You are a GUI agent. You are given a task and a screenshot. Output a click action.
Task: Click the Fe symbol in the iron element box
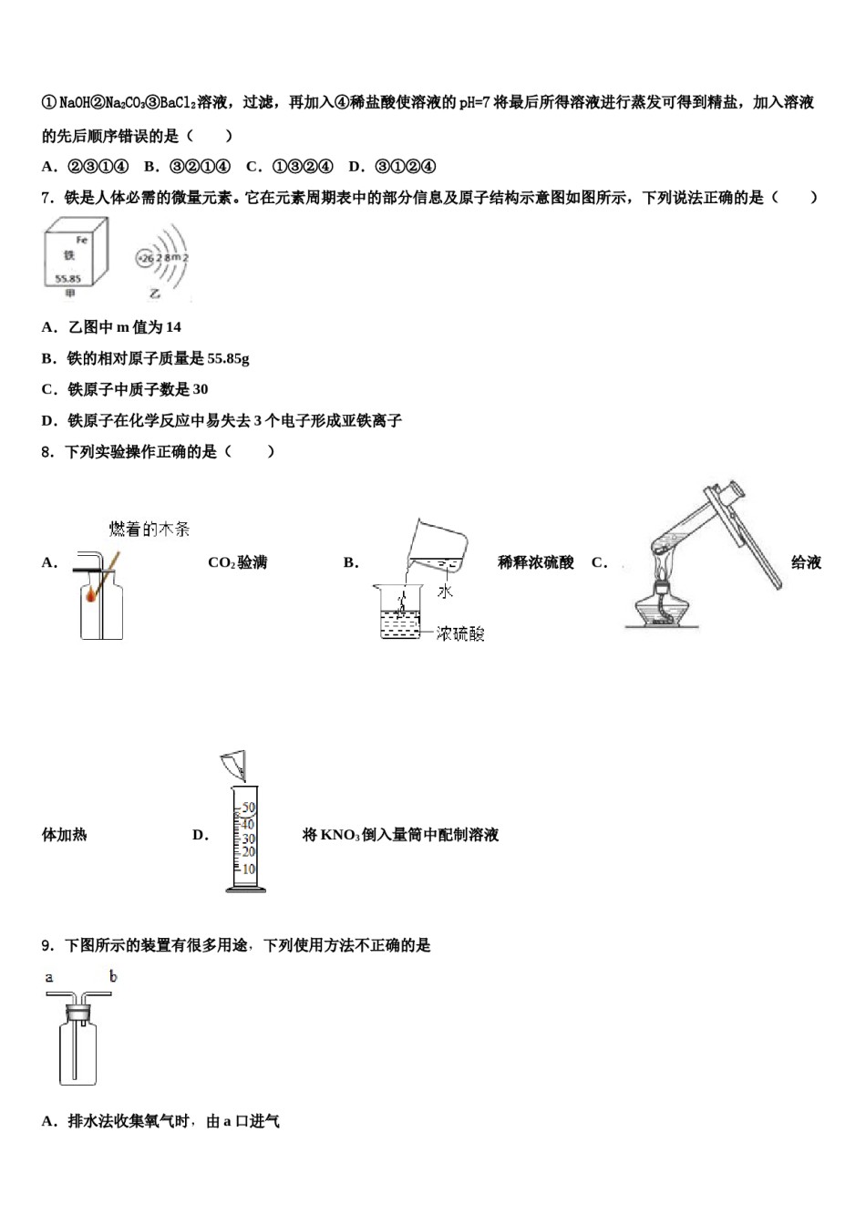[82, 240]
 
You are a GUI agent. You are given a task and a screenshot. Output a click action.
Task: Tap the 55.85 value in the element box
[68, 279]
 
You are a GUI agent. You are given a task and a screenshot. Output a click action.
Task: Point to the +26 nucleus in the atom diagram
[144, 259]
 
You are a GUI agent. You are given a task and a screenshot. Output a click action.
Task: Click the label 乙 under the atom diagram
[156, 293]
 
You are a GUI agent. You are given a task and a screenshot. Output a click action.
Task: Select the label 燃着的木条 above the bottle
[149, 530]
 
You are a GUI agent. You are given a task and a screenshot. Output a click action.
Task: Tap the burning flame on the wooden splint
[93, 596]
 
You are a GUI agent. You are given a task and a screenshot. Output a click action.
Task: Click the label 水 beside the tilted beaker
[445, 592]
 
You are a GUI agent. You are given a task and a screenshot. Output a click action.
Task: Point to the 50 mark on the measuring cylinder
[248, 808]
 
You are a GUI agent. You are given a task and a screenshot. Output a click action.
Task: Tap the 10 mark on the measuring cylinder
[248, 869]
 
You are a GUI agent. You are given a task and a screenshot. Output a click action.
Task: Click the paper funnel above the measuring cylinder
[234, 764]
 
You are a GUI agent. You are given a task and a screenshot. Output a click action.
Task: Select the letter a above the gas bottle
[49, 978]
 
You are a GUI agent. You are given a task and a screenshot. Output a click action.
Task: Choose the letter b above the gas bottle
[113, 977]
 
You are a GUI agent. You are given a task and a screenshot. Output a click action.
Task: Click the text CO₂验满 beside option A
[237, 562]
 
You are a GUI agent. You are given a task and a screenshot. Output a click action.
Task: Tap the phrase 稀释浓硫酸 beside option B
[536, 562]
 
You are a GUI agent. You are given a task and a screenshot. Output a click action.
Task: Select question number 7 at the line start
[47, 198]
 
